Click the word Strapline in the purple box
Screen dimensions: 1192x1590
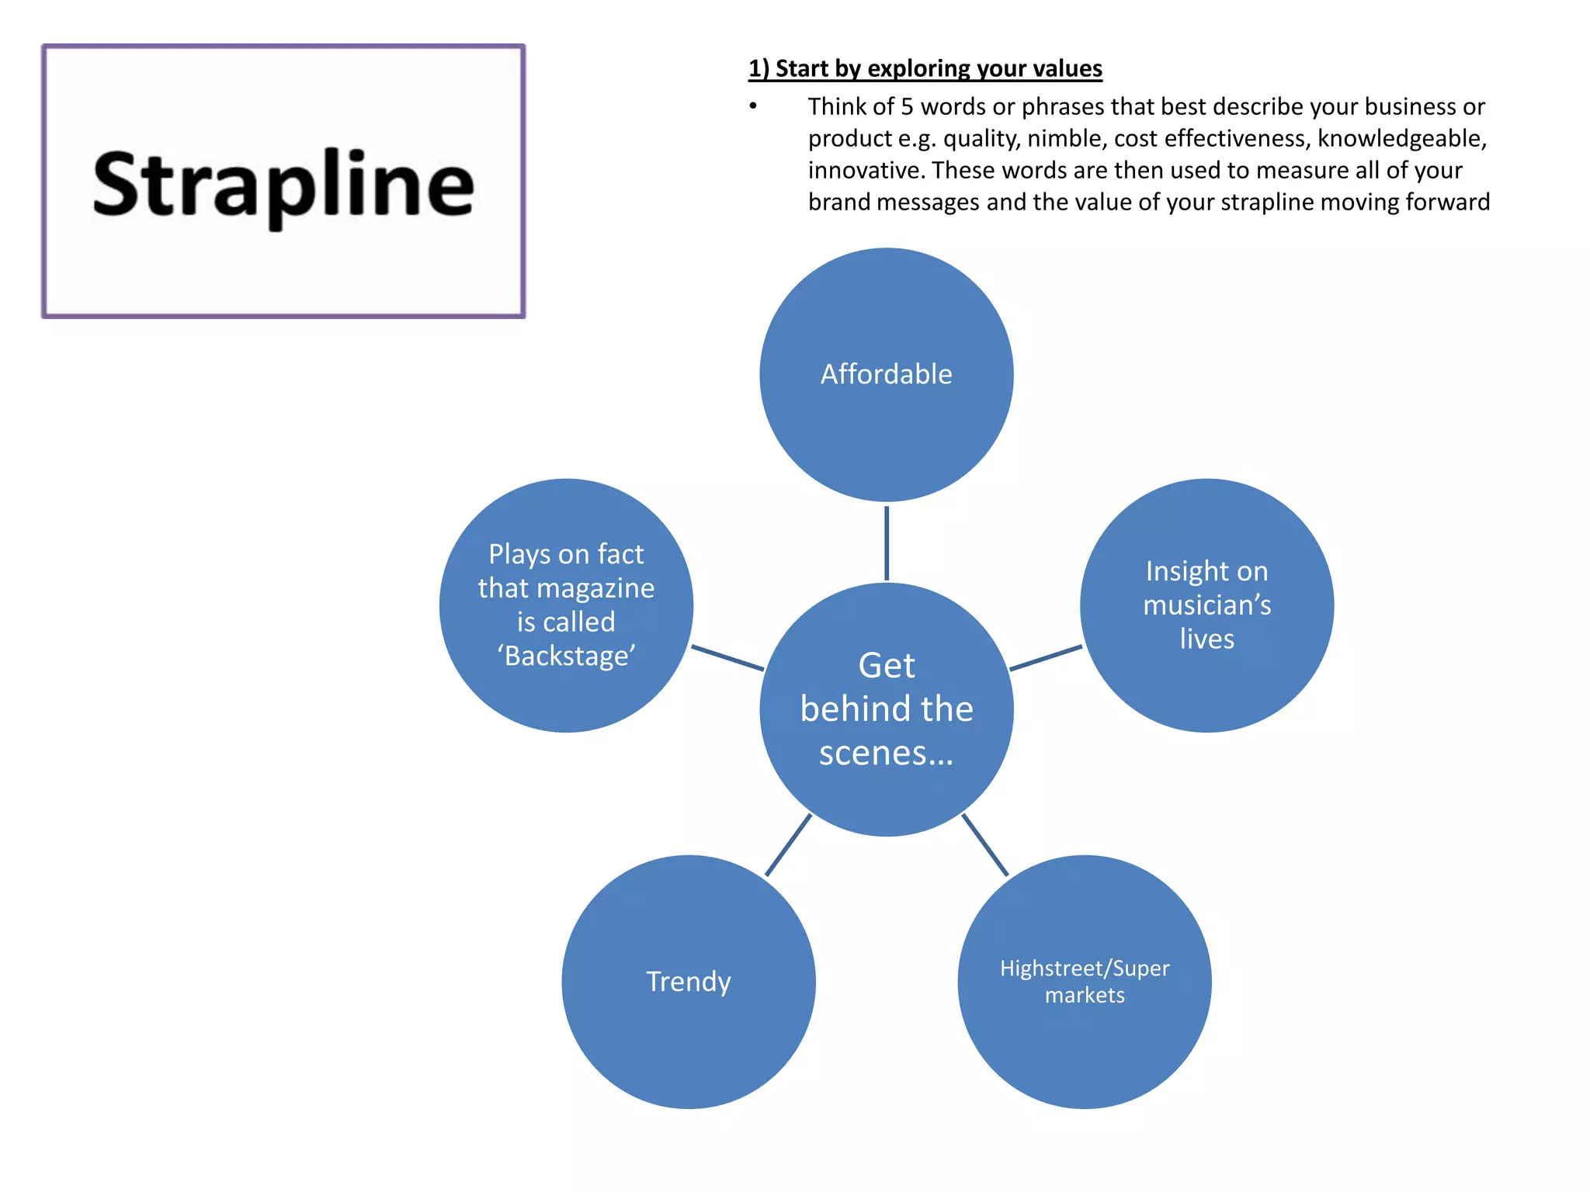pyautogui.click(x=283, y=185)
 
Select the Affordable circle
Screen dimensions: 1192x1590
pyautogui.click(x=886, y=375)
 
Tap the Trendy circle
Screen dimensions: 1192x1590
pyautogui.click(x=689, y=982)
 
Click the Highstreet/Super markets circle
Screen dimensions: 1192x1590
pyautogui.click(x=1084, y=982)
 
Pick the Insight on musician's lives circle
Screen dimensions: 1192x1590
pyautogui.click(x=1206, y=605)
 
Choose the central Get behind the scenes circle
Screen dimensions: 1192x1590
pyautogui.click(x=886, y=709)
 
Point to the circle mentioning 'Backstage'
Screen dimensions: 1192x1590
pyautogui.click(x=566, y=605)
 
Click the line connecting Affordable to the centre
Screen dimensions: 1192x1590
pyautogui.click(x=886, y=542)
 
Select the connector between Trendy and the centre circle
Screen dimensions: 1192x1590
pyautogui.click(x=788, y=845)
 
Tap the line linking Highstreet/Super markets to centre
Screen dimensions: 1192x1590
pyautogui.click(x=985, y=845)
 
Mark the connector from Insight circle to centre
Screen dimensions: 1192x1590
pyautogui.click(x=1046, y=657)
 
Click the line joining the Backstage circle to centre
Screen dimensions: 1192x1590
pyautogui.click(x=727, y=657)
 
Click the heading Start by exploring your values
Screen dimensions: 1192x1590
pyautogui.click(x=925, y=69)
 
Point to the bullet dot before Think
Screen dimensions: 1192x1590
pyautogui.click(x=753, y=106)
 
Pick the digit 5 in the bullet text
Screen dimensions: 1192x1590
pyautogui.click(x=907, y=107)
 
